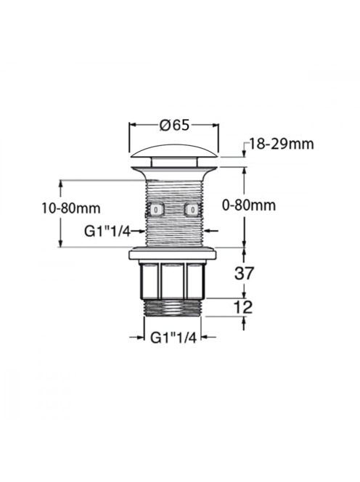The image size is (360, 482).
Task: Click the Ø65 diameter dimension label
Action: click(x=174, y=125)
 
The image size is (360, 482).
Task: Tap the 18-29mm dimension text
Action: click(x=282, y=144)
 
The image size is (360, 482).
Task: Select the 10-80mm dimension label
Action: click(x=71, y=208)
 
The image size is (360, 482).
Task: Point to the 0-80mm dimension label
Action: click(x=249, y=205)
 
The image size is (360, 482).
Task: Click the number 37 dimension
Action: click(x=245, y=273)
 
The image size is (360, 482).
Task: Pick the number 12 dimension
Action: click(x=243, y=307)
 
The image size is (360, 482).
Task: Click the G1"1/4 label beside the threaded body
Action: click(x=107, y=232)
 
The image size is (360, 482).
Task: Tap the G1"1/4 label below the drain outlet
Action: click(x=173, y=338)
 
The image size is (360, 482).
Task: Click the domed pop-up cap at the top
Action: click(x=174, y=151)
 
